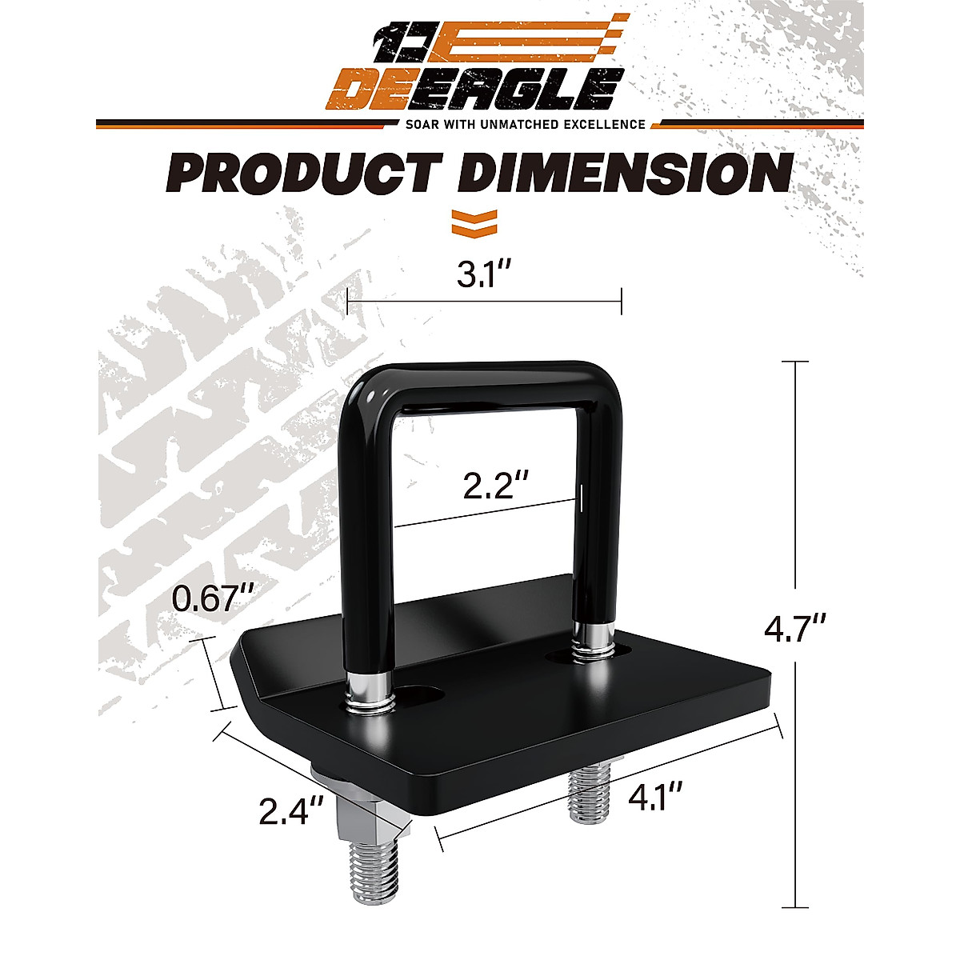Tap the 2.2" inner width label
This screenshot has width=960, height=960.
(x=496, y=484)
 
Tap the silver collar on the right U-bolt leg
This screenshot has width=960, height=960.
(x=594, y=638)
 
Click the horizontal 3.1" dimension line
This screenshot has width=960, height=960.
(x=485, y=302)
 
